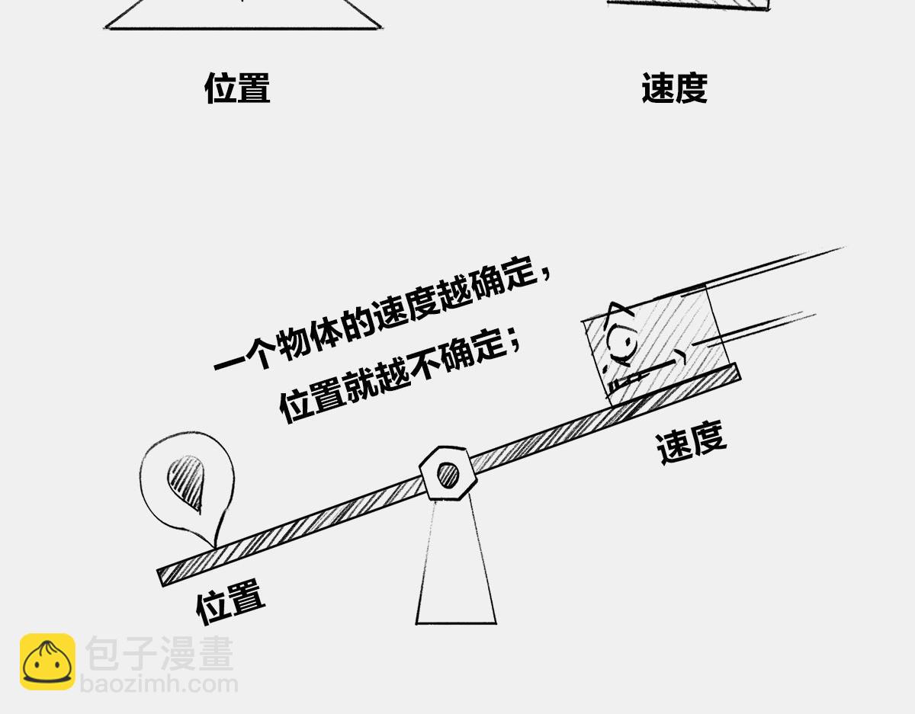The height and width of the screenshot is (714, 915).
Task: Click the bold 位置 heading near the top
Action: pos(237,88)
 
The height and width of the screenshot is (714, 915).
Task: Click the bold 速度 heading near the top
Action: pos(675,88)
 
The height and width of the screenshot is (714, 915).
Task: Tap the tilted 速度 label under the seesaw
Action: pos(692,442)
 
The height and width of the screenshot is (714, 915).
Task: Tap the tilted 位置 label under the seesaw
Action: pos(231,602)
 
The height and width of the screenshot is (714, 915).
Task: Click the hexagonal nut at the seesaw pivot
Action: pos(448,473)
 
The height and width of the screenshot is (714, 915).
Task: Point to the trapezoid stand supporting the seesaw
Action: pos(456,562)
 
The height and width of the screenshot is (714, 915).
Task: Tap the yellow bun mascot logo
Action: pos(47,662)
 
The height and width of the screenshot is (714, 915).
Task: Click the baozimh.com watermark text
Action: pos(159,684)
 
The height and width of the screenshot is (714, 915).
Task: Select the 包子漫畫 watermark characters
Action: pos(159,653)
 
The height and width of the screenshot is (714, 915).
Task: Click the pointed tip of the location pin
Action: pos(214,548)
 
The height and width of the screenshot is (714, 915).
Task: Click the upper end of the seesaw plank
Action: pos(738,371)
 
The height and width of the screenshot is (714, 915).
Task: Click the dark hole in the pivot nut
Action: pos(448,474)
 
